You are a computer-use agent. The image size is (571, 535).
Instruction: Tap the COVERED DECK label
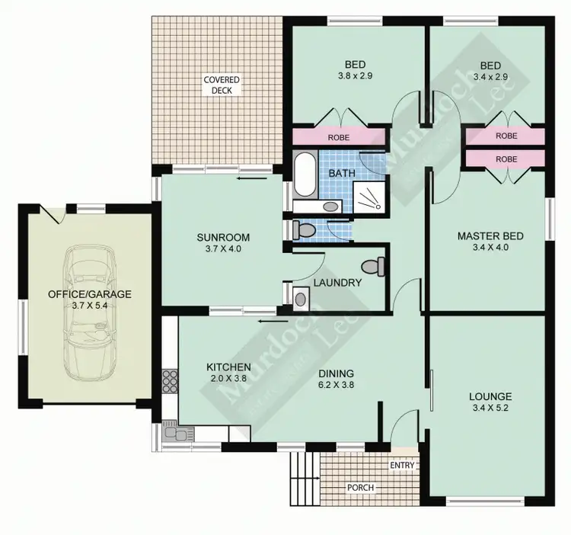pos(222,85)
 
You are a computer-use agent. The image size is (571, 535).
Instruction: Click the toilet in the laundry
pos(373,267)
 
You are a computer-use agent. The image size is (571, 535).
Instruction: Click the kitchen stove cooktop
pos(169,379)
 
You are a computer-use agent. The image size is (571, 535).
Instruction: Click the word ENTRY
pos(401,465)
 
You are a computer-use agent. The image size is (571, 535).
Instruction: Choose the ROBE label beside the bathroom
pos(338,139)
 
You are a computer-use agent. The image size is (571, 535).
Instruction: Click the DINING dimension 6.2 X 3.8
pos(336,385)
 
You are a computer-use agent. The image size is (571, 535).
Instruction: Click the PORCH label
pos(362,487)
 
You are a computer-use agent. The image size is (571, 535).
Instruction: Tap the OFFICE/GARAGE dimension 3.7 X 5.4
pos(90,305)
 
